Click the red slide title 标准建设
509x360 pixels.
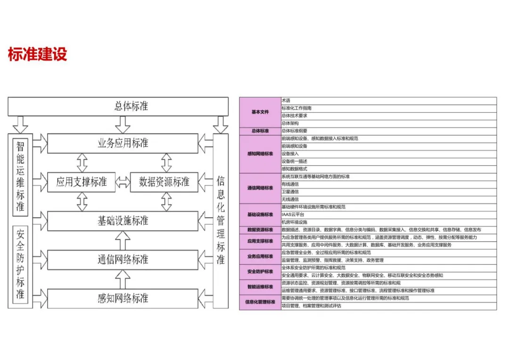[38, 54]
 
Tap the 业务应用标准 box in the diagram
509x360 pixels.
[123, 143]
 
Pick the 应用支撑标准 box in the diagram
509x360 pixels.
[82, 182]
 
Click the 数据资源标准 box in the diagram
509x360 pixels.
[164, 182]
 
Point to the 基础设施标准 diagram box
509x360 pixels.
[123, 221]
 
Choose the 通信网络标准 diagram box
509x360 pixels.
[123, 260]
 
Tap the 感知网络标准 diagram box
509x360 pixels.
[123, 299]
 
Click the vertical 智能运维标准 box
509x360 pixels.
[20, 176]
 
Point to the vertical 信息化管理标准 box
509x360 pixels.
[221, 220]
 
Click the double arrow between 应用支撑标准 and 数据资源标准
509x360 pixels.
[123, 182]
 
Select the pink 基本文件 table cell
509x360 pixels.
[260, 112]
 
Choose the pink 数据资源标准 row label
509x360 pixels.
[260, 230]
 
